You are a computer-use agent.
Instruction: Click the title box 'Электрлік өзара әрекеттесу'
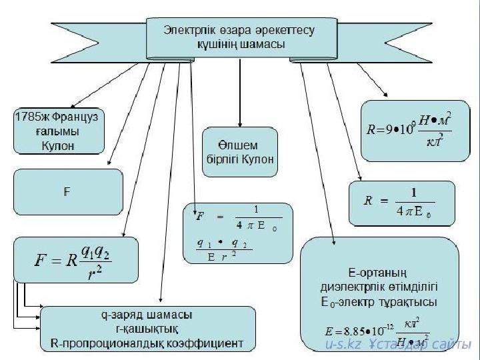pos(239,37)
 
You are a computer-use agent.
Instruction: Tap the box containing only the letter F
pos(67,192)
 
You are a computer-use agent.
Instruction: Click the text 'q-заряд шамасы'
pos(149,315)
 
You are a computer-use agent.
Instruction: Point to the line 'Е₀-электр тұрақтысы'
pos(379,302)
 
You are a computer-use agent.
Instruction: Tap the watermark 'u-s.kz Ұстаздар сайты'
pos(398,345)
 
